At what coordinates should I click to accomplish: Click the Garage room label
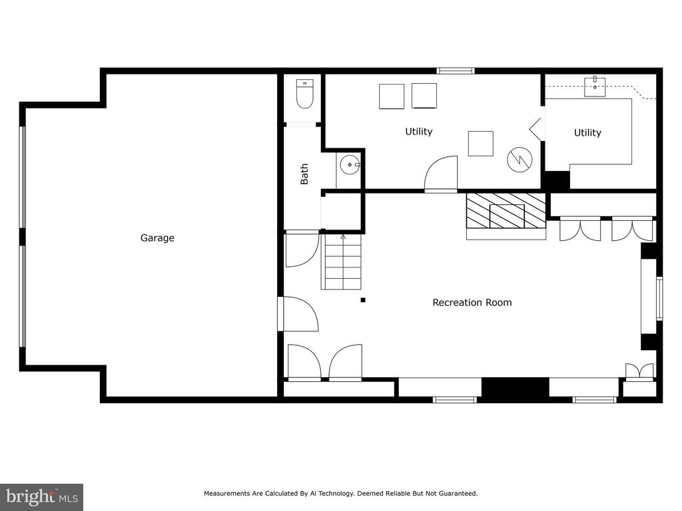click(157, 238)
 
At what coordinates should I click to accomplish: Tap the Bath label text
click(304, 174)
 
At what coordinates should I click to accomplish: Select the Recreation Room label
click(472, 303)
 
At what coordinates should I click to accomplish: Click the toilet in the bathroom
click(305, 93)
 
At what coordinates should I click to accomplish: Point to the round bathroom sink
click(349, 165)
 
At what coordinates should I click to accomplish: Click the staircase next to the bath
click(342, 261)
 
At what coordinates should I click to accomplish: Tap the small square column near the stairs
click(363, 300)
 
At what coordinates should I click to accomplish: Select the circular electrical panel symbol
click(519, 160)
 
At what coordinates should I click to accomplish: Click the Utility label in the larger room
click(419, 131)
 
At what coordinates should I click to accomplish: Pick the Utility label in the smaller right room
click(587, 132)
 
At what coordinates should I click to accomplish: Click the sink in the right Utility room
click(595, 86)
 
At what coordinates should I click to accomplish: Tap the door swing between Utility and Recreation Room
click(441, 173)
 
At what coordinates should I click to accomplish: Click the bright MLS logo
click(42, 497)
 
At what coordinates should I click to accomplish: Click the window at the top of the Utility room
click(456, 71)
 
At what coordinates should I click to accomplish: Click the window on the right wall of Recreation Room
click(659, 299)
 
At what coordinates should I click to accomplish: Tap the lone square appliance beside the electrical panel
click(481, 144)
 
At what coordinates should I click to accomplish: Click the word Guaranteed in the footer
click(458, 493)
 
